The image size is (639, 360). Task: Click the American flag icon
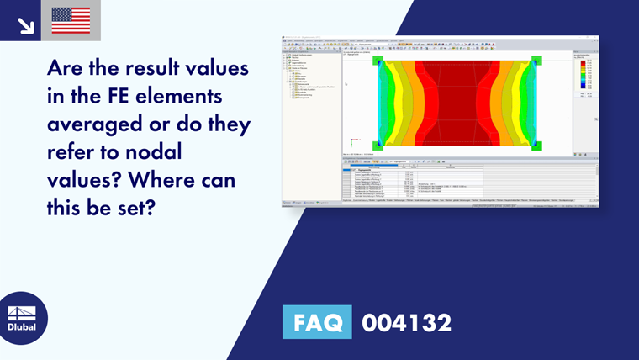click(x=71, y=20)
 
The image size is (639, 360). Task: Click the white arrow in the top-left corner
click(x=25, y=25)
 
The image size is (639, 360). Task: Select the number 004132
click(x=406, y=322)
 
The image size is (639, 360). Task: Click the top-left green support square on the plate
click(x=378, y=61)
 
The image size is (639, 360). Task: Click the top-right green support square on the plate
click(x=536, y=61)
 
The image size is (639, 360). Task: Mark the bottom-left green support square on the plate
click(x=378, y=145)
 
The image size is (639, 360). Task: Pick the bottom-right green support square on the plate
click(x=536, y=145)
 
